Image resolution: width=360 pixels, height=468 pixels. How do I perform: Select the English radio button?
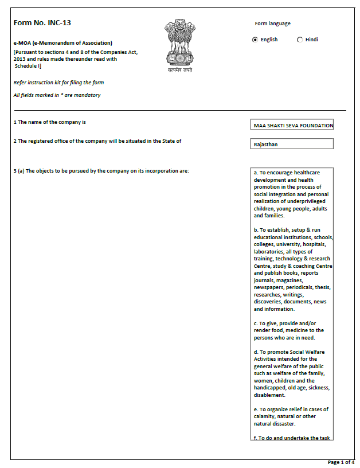click(x=255, y=40)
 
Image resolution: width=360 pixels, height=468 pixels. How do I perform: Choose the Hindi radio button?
click(x=300, y=40)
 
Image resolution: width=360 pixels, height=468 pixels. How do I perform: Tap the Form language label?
click(x=272, y=24)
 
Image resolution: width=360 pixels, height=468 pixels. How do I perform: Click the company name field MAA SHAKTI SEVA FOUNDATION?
click(x=292, y=125)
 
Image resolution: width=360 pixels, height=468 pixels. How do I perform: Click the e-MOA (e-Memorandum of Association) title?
click(x=62, y=43)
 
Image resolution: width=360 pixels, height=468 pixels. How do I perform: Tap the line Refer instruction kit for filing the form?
click(x=58, y=83)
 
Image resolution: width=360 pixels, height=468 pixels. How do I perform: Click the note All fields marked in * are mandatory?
click(x=57, y=95)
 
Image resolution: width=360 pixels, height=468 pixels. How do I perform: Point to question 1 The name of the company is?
click(x=50, y=122)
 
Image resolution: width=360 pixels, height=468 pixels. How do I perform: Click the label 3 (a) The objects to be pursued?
click(x=101, y=171)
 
